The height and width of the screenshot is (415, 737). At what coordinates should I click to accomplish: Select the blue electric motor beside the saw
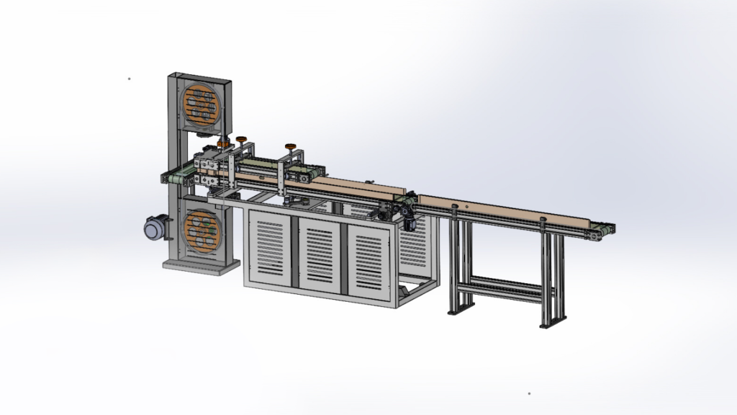154,228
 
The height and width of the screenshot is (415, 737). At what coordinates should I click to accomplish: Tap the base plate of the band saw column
201,265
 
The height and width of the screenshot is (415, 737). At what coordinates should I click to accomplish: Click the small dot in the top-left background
129,79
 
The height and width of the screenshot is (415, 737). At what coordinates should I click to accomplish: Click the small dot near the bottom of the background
529,393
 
